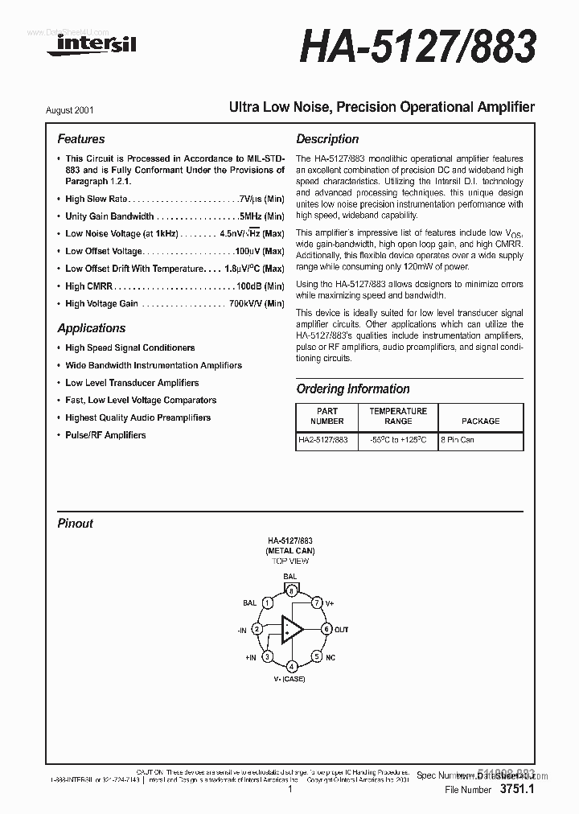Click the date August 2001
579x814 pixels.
pos(80,109)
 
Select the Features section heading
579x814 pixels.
pos(81,139)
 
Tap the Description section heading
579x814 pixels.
pos(327,139)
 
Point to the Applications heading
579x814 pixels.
pos(92,328)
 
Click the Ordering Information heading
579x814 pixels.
pos(353,389)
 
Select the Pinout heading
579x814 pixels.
pos(76,524)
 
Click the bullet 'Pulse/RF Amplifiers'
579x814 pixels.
pos(105,435)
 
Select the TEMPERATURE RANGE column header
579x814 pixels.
pos(398,416)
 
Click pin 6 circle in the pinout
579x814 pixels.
pos(326,629)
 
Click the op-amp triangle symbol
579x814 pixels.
pos(291,629)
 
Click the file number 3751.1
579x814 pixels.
pos(516,790)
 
